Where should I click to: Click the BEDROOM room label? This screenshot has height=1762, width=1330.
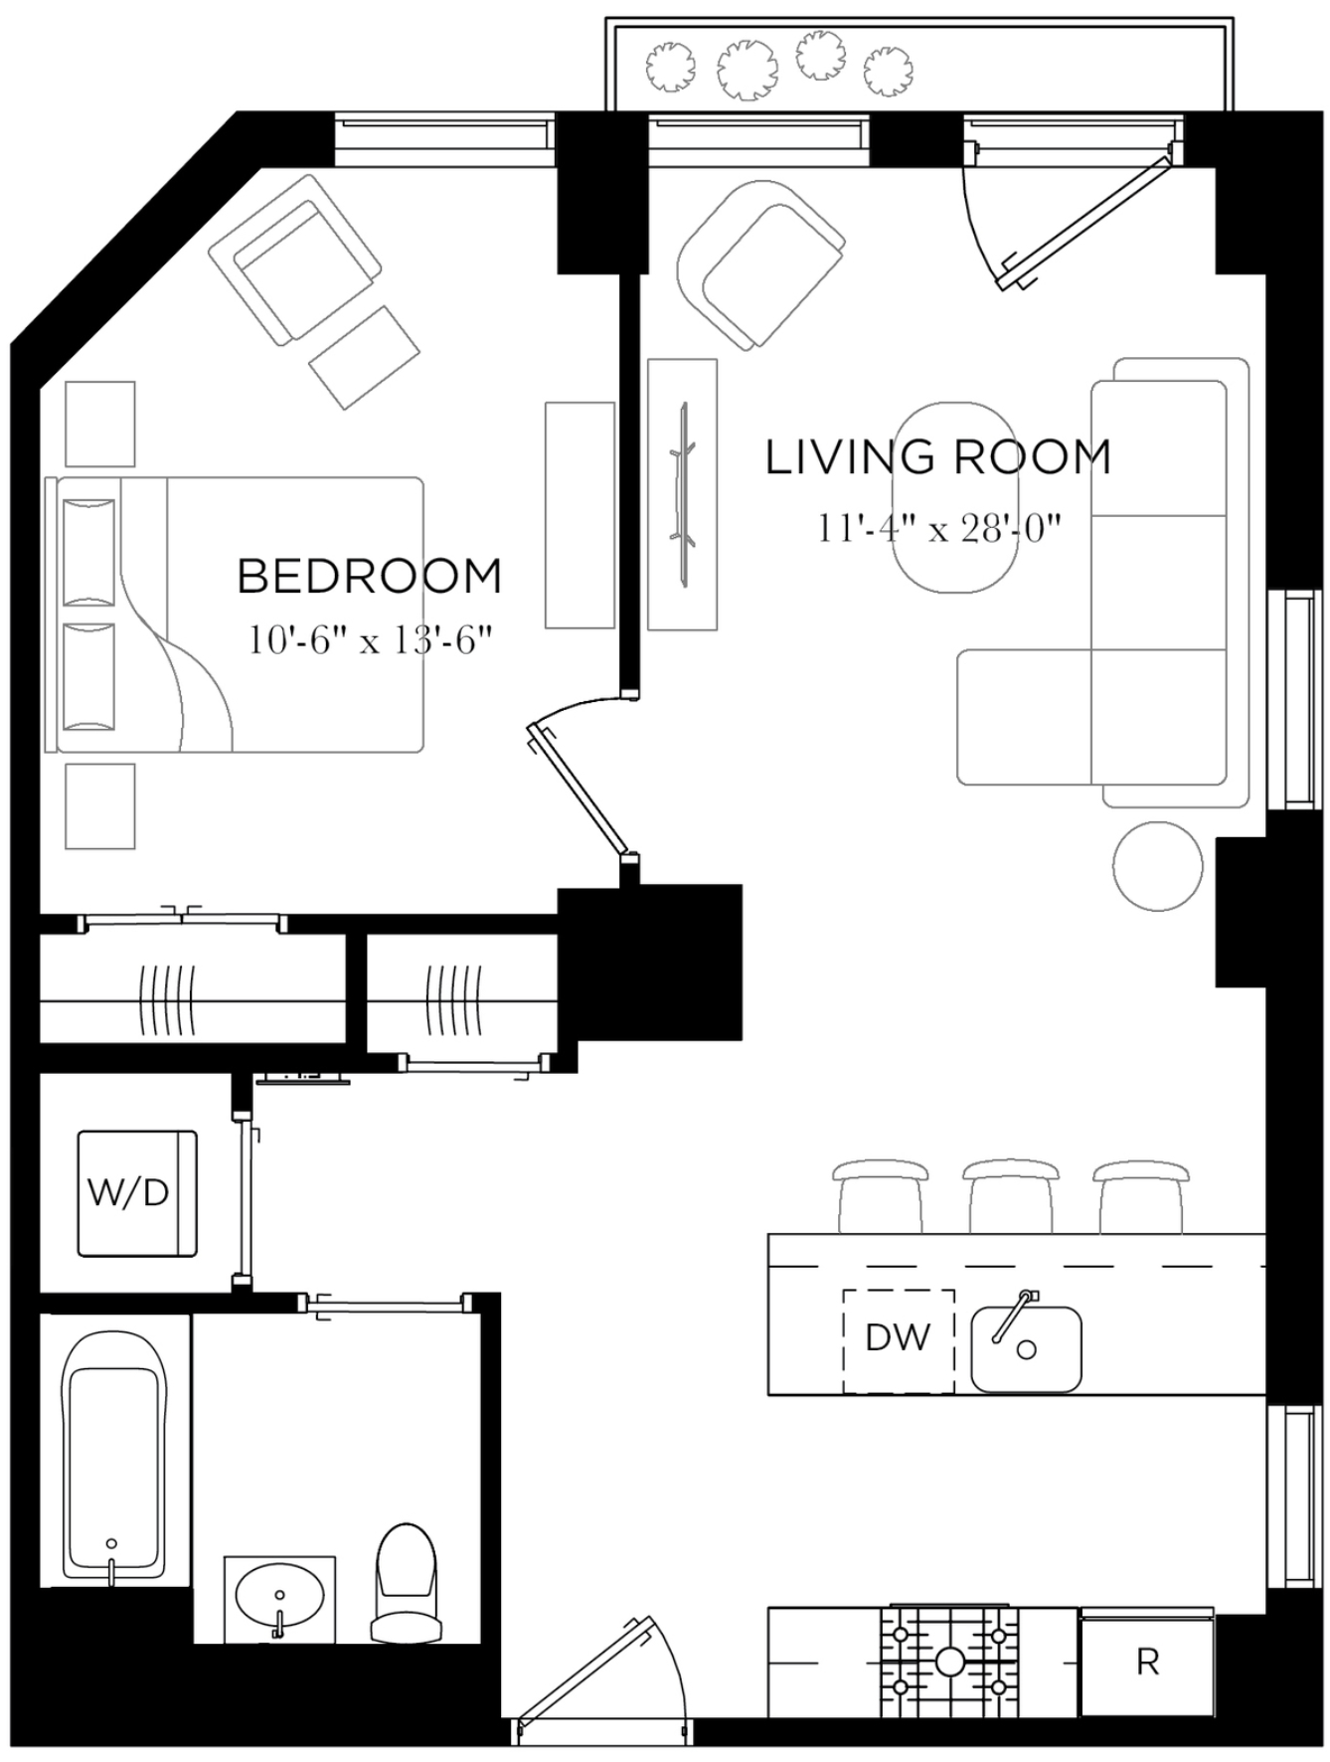coord(369,577)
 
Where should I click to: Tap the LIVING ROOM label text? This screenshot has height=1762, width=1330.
coord(937,457)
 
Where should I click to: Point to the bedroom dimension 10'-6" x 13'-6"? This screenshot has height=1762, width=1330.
coord(370,639)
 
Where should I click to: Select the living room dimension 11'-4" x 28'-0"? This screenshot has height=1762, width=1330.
coord(938,527)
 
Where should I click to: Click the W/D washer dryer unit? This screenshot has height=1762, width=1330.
coord(136,1192)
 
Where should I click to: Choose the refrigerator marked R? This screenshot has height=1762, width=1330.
coord(1147,1662)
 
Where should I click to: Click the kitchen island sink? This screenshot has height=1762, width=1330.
coord(1026,1348)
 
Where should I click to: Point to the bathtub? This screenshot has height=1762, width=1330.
coord(112,1458)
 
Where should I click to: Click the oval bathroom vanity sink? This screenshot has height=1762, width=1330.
coord(279,1599)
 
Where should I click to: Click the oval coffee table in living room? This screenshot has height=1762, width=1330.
coord(954,497)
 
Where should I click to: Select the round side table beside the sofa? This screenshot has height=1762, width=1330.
coord(1158,866)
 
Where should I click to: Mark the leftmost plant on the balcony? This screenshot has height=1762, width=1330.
coord(670,68)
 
